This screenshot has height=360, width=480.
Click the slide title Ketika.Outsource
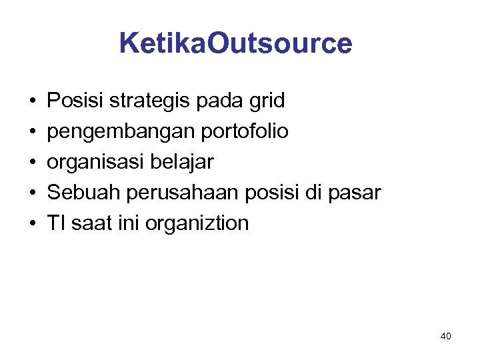click(235, 43)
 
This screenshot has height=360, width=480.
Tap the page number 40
click(445, 336)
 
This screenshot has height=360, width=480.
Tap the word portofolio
click(243, 132)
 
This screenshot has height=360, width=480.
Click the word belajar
click(187, 163)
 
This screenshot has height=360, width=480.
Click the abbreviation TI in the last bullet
click(55, 223)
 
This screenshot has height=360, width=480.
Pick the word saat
click(87, 223)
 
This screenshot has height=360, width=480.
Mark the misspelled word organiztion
click(195, 224)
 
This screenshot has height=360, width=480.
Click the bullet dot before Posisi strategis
click(32, 102)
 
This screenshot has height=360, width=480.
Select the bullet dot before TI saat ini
click(32, 224)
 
